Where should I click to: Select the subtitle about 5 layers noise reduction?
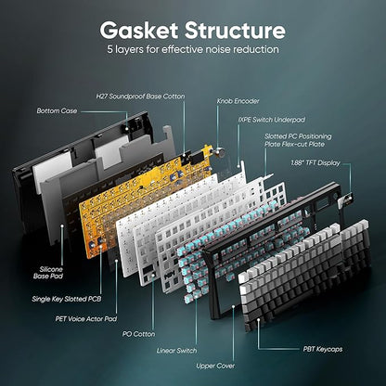193,47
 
